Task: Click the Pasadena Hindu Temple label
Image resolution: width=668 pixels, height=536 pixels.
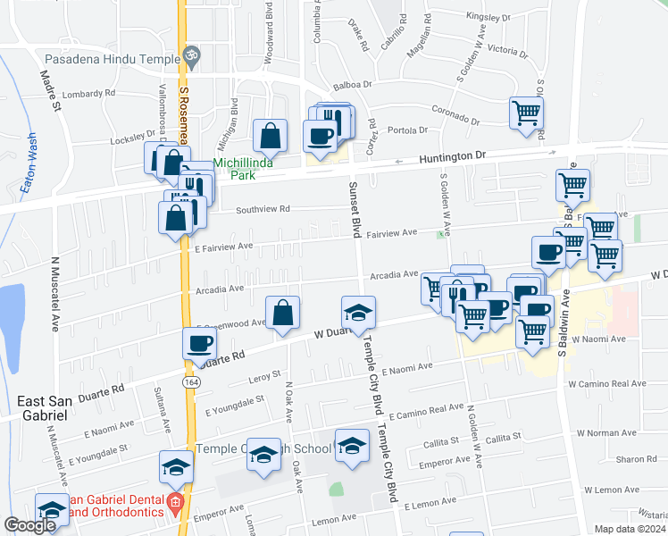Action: point(98,55)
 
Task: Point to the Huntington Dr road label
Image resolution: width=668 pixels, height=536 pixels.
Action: point(453,155)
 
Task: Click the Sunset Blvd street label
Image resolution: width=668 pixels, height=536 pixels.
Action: point(355,206)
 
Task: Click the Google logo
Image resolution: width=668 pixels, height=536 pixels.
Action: point(30,525)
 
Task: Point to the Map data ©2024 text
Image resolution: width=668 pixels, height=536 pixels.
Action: point(630,529)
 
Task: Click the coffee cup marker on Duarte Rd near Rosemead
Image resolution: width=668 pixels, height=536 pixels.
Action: point(200,343)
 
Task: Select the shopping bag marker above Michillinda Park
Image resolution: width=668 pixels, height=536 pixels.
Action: point(270,136)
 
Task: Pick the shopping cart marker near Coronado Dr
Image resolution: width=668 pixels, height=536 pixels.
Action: point(526,113)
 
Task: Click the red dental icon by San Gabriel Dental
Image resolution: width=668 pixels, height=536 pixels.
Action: point(175,503)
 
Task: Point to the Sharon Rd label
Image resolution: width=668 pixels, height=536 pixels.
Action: point(635,459)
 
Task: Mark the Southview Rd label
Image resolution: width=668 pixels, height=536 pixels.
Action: point(263,210)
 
